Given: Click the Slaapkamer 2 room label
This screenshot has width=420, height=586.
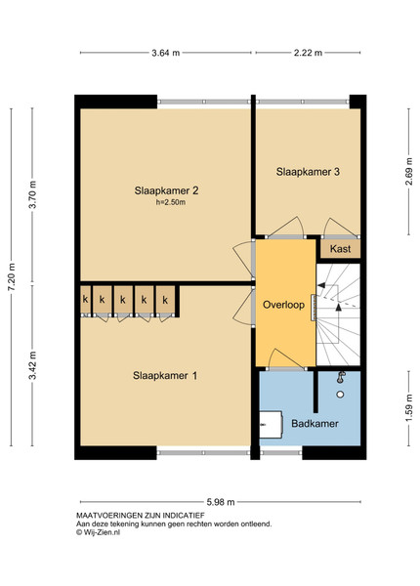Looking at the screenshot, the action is pos(166,190).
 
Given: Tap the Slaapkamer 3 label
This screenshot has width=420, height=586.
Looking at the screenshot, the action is pos(308,172).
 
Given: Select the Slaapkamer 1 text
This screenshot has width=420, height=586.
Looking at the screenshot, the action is pos(165,376).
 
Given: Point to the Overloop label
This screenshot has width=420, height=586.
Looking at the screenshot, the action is pos(283,305).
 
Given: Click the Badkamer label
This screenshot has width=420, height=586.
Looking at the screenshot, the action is pos(315,424).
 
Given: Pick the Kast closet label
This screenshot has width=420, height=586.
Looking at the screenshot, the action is pos(341,249).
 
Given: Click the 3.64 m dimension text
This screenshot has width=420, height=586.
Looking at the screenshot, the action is pos(165,53).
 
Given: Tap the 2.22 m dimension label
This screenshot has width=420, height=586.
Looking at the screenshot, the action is pos(308,53).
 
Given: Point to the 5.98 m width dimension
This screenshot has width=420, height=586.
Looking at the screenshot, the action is pos(221,502).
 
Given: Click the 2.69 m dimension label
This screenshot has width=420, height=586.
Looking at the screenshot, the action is pos(409,172).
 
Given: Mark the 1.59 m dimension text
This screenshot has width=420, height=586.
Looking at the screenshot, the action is pos(409,408).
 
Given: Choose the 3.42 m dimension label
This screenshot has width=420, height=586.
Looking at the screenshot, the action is pos(33,365).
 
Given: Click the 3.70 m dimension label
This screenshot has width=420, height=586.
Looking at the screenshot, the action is pos(33,194).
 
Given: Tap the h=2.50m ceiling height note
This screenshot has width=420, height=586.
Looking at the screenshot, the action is pos(171,202).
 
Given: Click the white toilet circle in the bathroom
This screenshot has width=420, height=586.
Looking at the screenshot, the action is pos(340,395).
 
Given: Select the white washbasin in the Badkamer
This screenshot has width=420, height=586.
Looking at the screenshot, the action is pos(271,425).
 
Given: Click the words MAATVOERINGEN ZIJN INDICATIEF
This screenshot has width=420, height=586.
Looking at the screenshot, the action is pos(141,516).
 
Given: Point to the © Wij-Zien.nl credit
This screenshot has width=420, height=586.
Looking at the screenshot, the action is pos(99,532).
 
